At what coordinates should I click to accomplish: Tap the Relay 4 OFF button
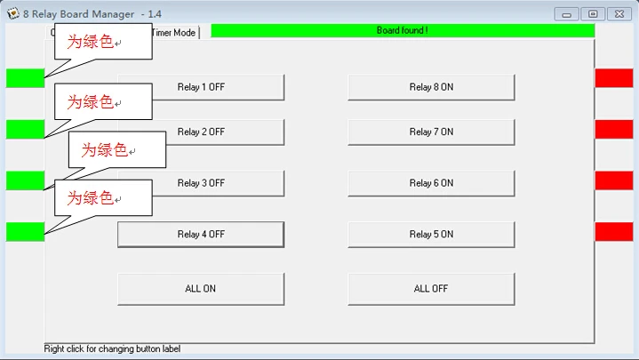201,235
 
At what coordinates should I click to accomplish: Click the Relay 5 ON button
431,235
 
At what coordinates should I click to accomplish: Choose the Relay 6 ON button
431,183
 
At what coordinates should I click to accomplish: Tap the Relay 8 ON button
431,87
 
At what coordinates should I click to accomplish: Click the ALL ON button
201,289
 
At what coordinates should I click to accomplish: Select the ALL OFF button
431,289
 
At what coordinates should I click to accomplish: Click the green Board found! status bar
403,30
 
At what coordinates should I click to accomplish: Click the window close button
619,14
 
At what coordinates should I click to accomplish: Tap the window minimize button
566,14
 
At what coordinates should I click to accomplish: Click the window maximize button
593,14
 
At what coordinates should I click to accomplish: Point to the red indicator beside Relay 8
614,78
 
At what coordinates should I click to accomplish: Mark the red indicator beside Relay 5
614,232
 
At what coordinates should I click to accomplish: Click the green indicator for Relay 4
25,232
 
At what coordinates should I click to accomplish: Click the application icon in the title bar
13,13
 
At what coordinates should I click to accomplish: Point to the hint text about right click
112,349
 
